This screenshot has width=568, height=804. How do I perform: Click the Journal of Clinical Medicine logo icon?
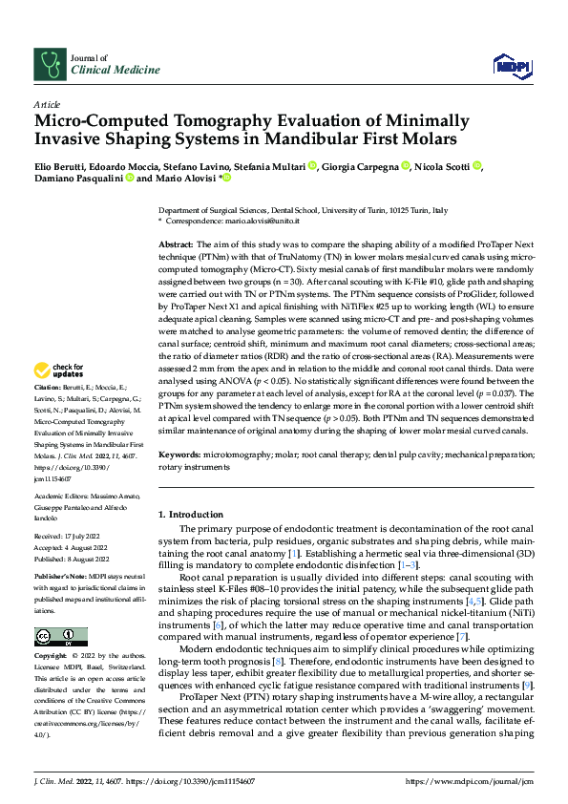[x=49, y=64]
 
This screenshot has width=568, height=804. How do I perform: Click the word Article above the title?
[x=46, y=104]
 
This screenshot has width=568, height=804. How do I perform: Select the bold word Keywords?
[x=181, y=457]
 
